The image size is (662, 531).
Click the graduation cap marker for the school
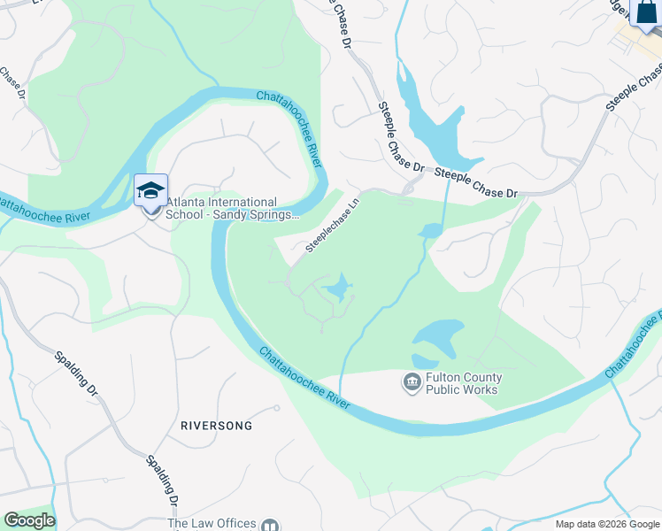pos(150,189)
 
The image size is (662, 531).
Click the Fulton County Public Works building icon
pos(412,382)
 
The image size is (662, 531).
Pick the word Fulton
pos(443,378)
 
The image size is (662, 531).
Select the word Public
pos(443,390)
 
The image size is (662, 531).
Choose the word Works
pos(482,390)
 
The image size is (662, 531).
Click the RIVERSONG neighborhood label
pos(216,426)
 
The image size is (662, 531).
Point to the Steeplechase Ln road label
pos(334,224)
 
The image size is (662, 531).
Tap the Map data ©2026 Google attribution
pos(606,524)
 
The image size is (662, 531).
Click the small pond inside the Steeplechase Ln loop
pos(338,287)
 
